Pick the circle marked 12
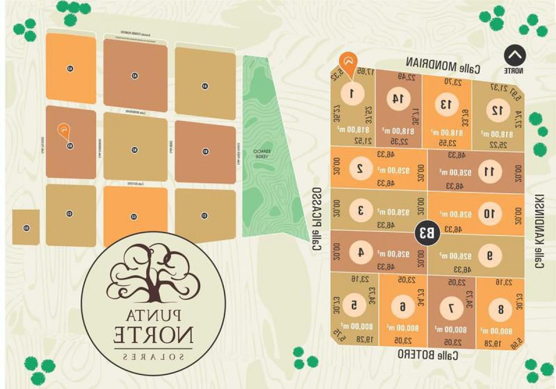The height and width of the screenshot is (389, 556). [497, 110]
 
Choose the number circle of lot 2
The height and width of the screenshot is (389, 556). [360, 168]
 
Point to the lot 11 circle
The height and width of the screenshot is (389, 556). [490, 171]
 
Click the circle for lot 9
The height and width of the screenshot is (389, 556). [490, 255]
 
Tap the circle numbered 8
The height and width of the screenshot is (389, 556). [500, 309]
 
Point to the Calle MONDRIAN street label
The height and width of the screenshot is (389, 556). [443, 65]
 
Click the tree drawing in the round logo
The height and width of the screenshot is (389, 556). [153, 273]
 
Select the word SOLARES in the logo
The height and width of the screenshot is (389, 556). [153, 357]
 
